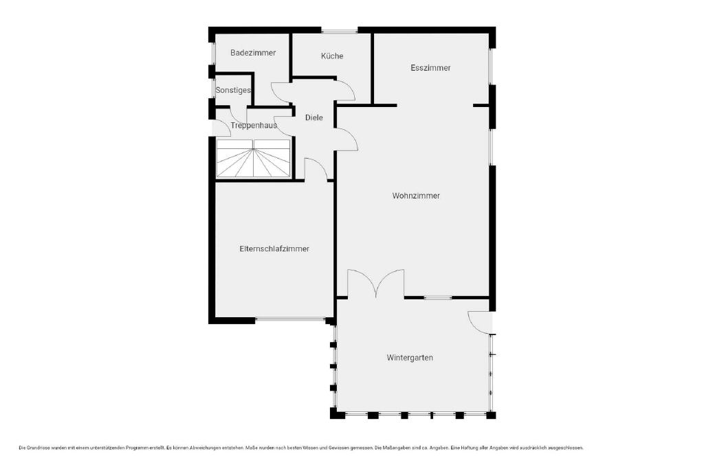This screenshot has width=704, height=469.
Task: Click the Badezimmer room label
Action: click(253, 53)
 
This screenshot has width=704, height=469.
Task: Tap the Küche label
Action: click(332, 56)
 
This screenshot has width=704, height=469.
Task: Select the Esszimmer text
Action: click(430, 68)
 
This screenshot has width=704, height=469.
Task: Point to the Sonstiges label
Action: click(233, 90)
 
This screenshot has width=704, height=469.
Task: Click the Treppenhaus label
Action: click(254, 126)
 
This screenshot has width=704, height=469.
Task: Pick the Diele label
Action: click(313, 117)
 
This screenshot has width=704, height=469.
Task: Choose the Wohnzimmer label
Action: click(416, 196)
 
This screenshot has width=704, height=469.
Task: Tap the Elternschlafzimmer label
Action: click(274, 249)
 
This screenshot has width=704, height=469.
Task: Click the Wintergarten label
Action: click(410, 358)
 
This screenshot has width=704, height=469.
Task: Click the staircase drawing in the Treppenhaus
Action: click(254, 158)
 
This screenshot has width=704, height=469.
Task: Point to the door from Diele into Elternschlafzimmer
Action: click(316, 169)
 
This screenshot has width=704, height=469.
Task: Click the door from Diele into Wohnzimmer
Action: click(347, 139)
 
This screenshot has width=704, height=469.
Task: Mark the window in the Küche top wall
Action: click(340, 30)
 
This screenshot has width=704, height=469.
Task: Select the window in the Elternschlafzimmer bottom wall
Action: click(291, 320)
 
